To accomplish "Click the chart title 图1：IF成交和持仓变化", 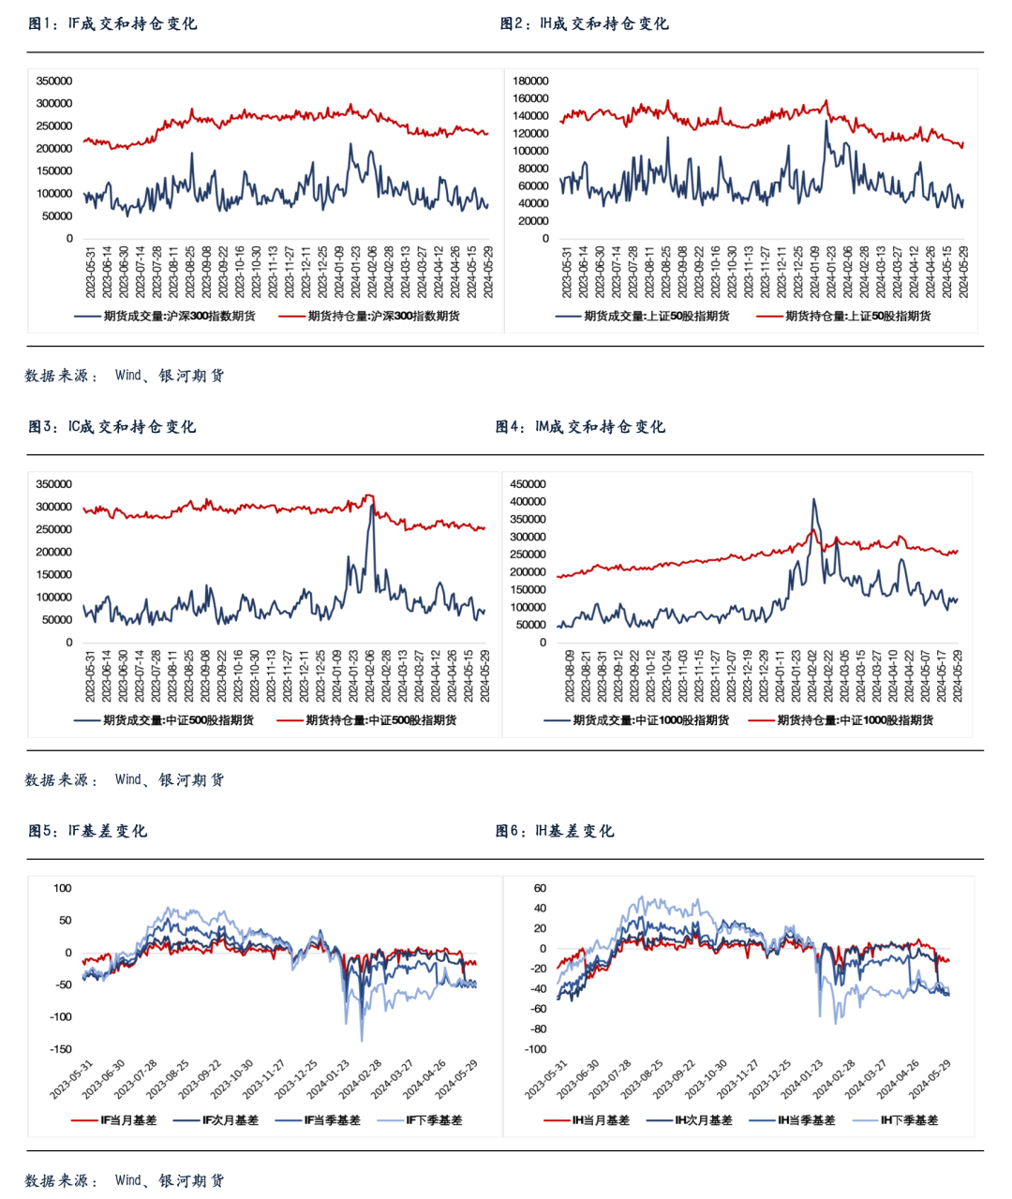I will point(112,23).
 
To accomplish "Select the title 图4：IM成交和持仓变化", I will point(580,427).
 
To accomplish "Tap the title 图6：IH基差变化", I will point(555,831).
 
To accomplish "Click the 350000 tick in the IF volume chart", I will point(53,81).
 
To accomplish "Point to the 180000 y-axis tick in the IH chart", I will point(530,81).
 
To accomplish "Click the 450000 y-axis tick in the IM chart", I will point(528,484).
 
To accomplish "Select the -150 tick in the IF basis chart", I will point(60,1050).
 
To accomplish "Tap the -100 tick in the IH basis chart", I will point(535,1050).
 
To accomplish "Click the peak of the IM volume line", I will point(813,499).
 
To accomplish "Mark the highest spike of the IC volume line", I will point(372,506).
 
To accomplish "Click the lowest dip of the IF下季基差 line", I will point(362,1041).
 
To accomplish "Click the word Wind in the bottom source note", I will point(127,1180).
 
